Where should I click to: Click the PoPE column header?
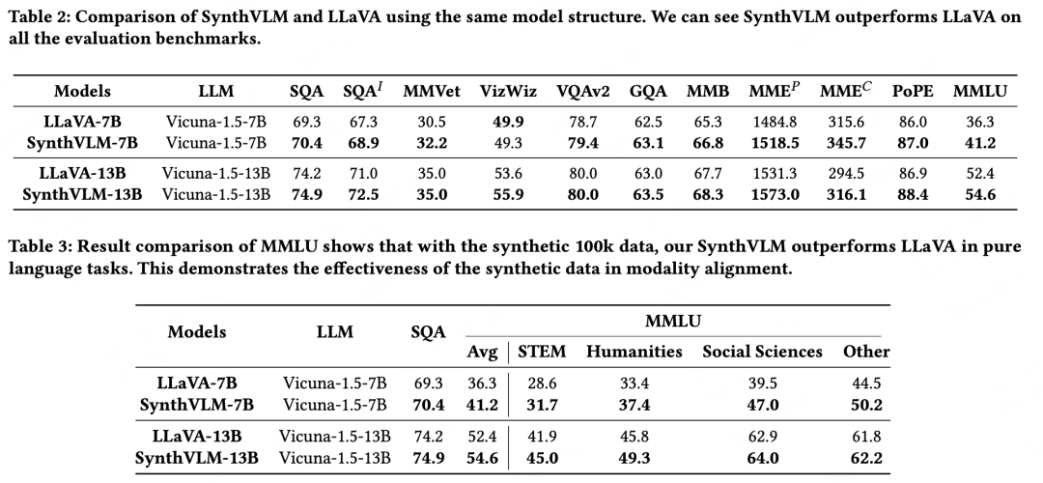(912, 92)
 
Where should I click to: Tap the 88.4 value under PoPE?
(912, 194)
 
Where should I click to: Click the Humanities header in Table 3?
(634, 351)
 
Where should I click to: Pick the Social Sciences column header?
(762, 351)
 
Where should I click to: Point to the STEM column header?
(542, 351)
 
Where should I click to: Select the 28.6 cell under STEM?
(542, 384)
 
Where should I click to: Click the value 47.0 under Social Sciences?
(762, 404)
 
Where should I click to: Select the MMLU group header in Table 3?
(675, 319)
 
